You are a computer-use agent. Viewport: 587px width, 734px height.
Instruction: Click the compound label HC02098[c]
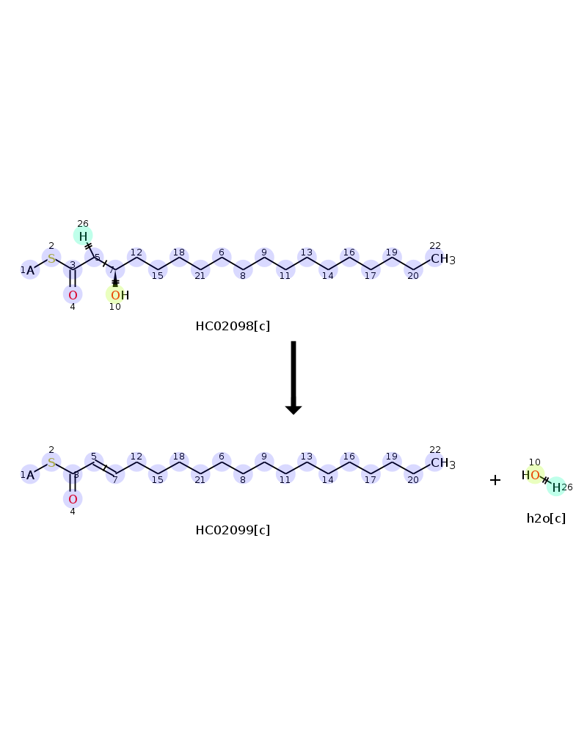(233, 327)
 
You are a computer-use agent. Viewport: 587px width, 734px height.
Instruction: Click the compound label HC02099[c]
(233, 531)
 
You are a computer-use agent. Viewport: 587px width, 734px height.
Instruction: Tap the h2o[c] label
(546, 519)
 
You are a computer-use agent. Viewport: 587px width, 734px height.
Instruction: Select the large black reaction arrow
(293, 378)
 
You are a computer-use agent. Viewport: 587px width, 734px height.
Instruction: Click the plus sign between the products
(495, 480)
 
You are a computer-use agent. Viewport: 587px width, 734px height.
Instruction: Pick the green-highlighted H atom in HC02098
(83, 236)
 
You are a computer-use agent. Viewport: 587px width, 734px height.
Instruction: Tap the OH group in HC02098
(120, 295)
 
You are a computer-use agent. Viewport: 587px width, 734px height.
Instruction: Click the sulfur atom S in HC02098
(51, 258)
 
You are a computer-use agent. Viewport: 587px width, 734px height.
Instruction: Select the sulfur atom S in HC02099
(51, 462)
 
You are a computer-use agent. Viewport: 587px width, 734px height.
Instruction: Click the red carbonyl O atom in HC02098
(73, 295)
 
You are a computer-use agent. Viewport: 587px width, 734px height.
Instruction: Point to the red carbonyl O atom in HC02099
(73, 499)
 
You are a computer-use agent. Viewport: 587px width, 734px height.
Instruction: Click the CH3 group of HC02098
(443, 259)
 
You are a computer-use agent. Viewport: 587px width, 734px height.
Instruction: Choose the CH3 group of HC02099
(443, 463)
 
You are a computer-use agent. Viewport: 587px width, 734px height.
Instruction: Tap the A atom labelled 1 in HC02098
(30, 271)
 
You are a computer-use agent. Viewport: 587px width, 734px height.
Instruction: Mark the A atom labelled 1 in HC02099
(30, 475)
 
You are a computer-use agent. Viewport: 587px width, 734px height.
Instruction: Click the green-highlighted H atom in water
(556, 488)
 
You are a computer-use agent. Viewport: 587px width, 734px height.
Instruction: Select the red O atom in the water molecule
(535, 476)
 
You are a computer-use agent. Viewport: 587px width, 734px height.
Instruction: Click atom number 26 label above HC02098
(83, 224)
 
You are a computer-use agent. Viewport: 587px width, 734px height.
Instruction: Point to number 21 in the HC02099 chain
(200, 480)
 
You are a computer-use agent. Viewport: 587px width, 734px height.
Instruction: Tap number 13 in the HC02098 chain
(307, 252)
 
